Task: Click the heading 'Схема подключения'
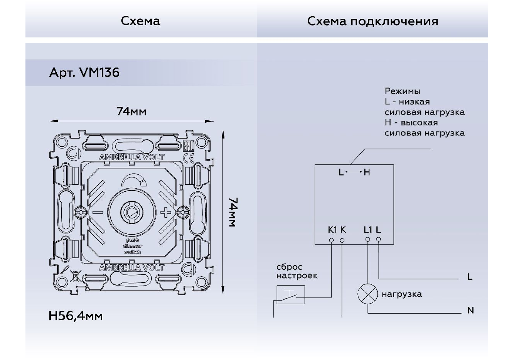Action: pyautogui.click(x=372, y=21)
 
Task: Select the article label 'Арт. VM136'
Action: pyautogui.click(x=84, y=73)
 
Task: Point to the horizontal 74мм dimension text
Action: pyautogui.click(x=131, y=112)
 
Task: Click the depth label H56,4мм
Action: pyautogui.click(x=76, y=316)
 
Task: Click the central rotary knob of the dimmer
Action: pyautogui.click(x=132, y=211)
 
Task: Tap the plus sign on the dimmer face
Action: pyautogui.click(x=165, y=212)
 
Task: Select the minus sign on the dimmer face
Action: pyautogui.click(x=98, y=212)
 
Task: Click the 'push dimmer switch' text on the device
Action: pyautogui.click(x=132, y=246)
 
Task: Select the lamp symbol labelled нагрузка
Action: pyautogui.click(x=367, y=294)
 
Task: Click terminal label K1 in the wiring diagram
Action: pyautogui.click(x=332, y=230)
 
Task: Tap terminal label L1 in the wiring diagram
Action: pyautogui.click(x=368, y=230)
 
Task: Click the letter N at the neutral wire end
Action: pyautogui.click(x=470, y=310)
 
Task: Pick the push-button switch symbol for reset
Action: pyautogui.click(x=290, y=295)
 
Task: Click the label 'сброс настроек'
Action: pyautogui.click(x=297, y=271)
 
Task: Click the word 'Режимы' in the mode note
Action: pyautogui.click(x=402, y=91)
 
